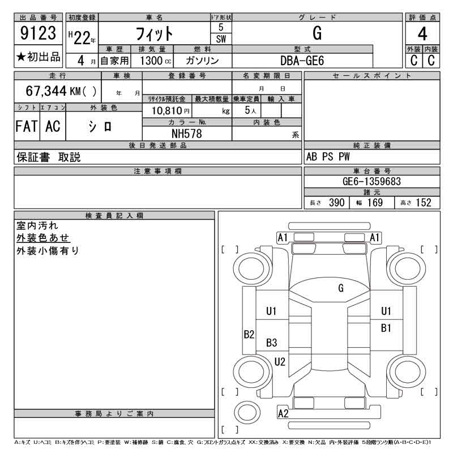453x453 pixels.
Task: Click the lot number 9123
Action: coord(38,33)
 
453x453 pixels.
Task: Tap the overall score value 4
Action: coord(422,34)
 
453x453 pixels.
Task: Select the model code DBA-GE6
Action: coord(302,61)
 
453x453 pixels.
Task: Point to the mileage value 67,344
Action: coord(46,91)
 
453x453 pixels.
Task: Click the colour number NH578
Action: coord(187,134)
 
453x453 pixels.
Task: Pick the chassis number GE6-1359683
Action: coord(372,181)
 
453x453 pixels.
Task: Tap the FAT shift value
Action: coord(27,126)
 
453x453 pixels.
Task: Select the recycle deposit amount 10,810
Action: coord(166,110)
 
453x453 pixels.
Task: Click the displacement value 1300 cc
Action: coord(155,61)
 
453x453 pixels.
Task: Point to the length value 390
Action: coord(336,203)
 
